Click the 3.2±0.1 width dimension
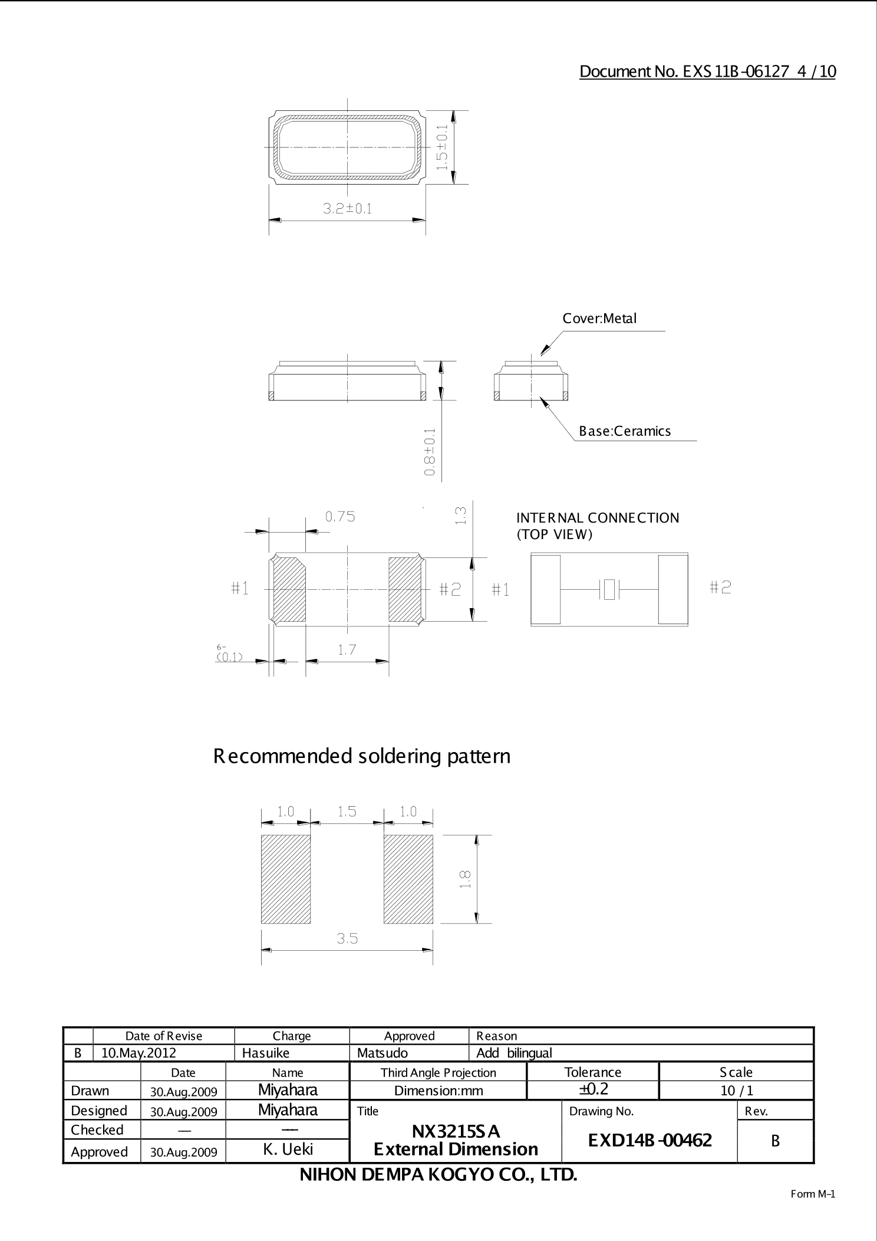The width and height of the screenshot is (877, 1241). (347, 209)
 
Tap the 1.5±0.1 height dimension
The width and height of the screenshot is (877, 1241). (443, 147)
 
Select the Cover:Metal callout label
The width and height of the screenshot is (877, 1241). (599, 319)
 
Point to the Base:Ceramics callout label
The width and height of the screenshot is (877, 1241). (625, 431)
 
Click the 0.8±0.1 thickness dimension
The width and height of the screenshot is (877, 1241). (430, 452)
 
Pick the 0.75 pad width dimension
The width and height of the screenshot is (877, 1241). (340, 517)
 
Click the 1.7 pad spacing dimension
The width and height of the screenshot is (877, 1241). (347, 650)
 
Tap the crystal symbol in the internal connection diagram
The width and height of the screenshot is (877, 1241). (609, 589)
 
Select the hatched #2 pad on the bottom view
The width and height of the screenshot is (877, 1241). (405, 589)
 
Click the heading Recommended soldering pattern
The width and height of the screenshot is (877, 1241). (362, 756)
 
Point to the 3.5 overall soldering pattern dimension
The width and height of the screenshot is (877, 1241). (347, 938)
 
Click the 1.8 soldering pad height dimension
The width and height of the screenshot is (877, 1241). (465, 879)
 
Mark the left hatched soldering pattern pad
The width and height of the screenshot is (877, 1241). (286, 879)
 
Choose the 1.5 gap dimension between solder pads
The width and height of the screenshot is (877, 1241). (347, 812)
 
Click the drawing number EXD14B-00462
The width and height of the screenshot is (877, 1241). (649, 1140)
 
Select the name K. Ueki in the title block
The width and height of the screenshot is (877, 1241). (288, 1149)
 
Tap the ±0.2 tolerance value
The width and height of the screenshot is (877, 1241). (593, 1089)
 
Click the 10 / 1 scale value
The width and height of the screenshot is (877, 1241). (736, 1090)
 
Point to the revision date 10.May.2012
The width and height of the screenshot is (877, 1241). (139, 1053)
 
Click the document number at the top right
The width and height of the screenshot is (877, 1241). (707, 71)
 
